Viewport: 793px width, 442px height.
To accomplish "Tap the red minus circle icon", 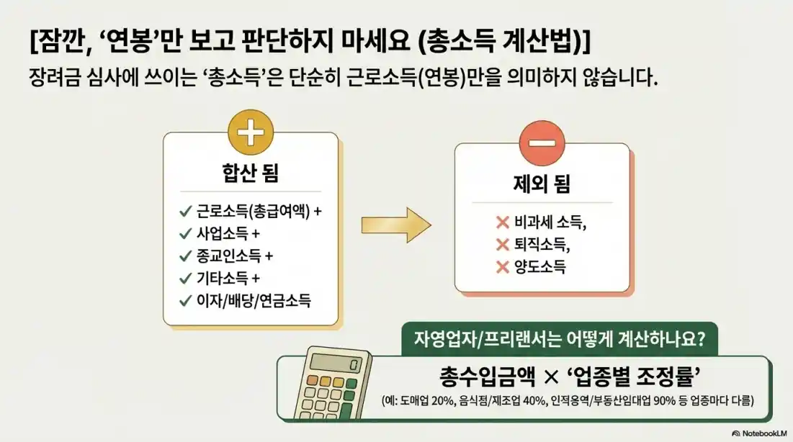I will tap(541, 143).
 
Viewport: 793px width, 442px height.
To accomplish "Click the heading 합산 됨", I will tap(250, 173).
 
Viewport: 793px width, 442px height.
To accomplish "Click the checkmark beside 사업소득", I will tap(185, 234).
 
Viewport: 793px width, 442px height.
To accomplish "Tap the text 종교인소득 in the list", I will tap(229, 256).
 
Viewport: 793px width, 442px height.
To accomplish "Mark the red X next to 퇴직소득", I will tap(503, 245).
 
